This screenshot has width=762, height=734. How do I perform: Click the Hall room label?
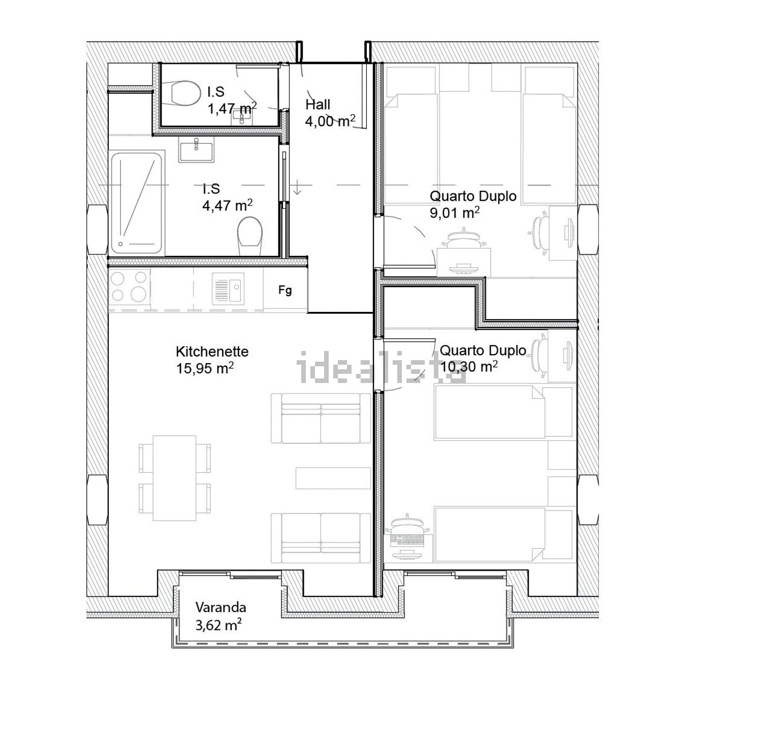tap(318, 105)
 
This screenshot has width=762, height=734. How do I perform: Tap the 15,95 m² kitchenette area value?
tap(205, 368)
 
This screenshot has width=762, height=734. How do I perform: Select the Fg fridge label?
tap(285, 290)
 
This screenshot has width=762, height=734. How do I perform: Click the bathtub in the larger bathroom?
tap(136, 203)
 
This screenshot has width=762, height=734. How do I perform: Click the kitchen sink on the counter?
tap(228, 288)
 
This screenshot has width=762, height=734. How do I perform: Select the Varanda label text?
tap(221, 607)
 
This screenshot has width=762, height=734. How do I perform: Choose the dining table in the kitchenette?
tap(175, 478)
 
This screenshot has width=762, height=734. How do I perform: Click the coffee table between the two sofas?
tap(334, 478)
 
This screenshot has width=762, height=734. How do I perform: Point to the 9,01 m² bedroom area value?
tap(455, 212)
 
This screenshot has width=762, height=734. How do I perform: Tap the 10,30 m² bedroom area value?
tap(468, 366)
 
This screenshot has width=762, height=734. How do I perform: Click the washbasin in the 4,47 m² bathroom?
tap(196, 152)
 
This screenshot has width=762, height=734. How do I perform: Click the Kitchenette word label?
tap(212, 352)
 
